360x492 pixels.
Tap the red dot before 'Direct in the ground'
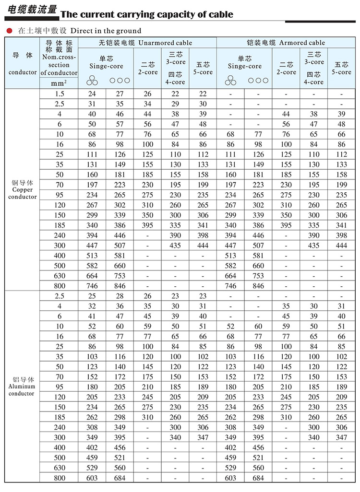coord(9,31)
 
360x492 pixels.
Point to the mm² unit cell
coord(59,82)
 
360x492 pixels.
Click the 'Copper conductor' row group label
coord(23,189)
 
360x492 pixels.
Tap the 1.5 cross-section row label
coord(59,94)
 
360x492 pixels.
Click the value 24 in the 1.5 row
coord(92,94)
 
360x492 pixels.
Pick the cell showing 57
coord(120,124)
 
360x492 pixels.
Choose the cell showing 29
coord(175,104)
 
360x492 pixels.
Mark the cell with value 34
coord(148,104)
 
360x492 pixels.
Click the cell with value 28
coord(120,296)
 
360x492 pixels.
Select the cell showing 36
coord(120,306)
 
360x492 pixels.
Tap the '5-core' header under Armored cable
coord(341,68)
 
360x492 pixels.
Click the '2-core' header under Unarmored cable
coord(148,68)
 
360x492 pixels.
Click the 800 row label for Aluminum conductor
coord(59,478)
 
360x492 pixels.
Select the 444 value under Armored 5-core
coord(341,246)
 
